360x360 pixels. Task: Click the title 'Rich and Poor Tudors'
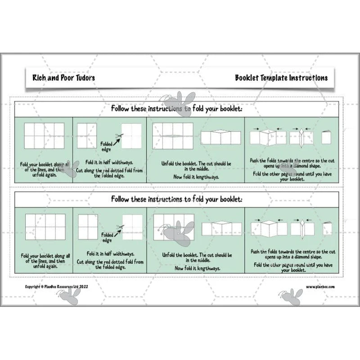coord(63,78)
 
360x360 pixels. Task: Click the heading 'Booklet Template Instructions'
coord(281,78)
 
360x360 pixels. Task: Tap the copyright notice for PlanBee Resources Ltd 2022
coord(57,287)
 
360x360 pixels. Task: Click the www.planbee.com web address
coord(320,287)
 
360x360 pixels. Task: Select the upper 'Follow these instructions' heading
coord(176,108)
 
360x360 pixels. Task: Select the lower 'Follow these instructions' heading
coord(176,199)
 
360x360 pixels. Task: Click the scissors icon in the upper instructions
coord(119,136)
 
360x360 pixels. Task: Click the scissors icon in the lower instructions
coord(120,227)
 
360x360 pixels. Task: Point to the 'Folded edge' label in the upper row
coord(106,147)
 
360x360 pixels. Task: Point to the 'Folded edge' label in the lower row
coord(107,238)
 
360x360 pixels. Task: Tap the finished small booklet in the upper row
coord(326,137)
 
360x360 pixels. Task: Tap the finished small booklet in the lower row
coord(327,229)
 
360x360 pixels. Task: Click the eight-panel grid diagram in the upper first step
coord(44,136)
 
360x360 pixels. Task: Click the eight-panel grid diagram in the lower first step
coord(45,227)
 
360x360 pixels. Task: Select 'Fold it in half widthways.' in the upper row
coord(109,162)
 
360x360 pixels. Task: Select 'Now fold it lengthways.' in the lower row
coord(198,268)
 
